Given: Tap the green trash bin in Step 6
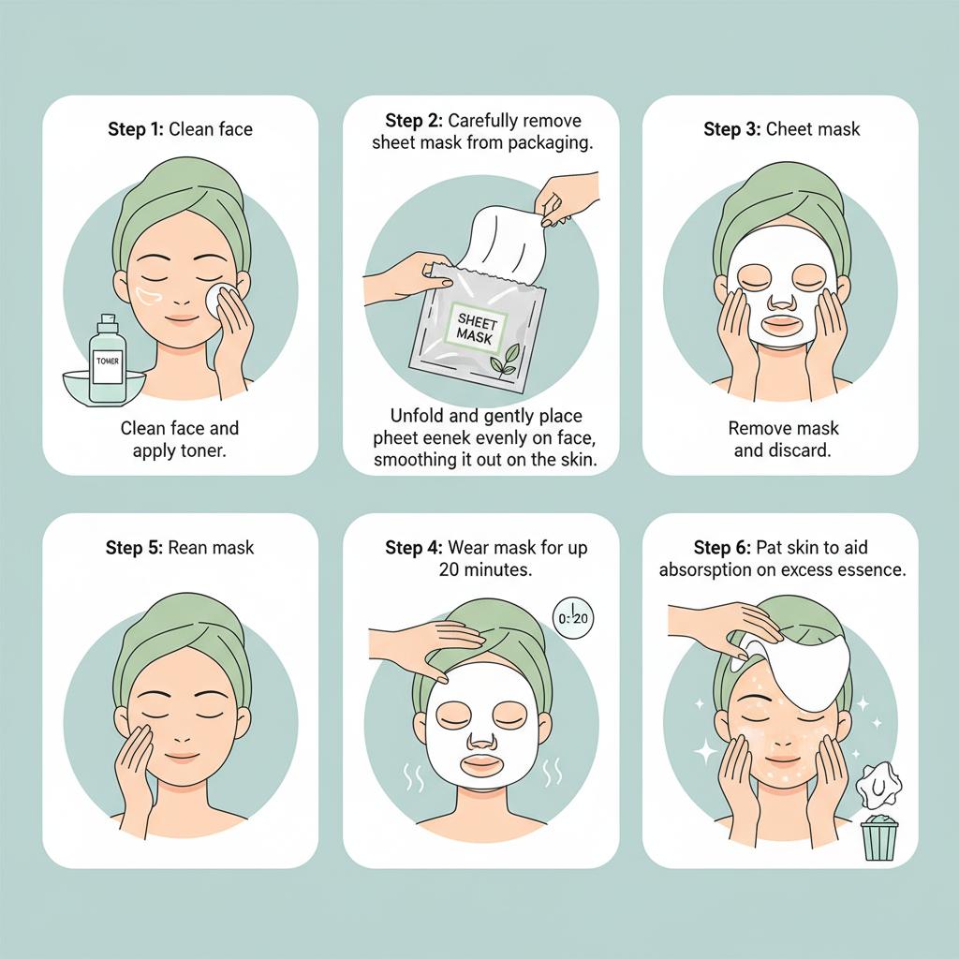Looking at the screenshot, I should point(878,836).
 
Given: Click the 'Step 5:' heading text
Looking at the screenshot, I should point(135,547).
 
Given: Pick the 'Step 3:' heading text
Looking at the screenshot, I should point(732,129).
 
